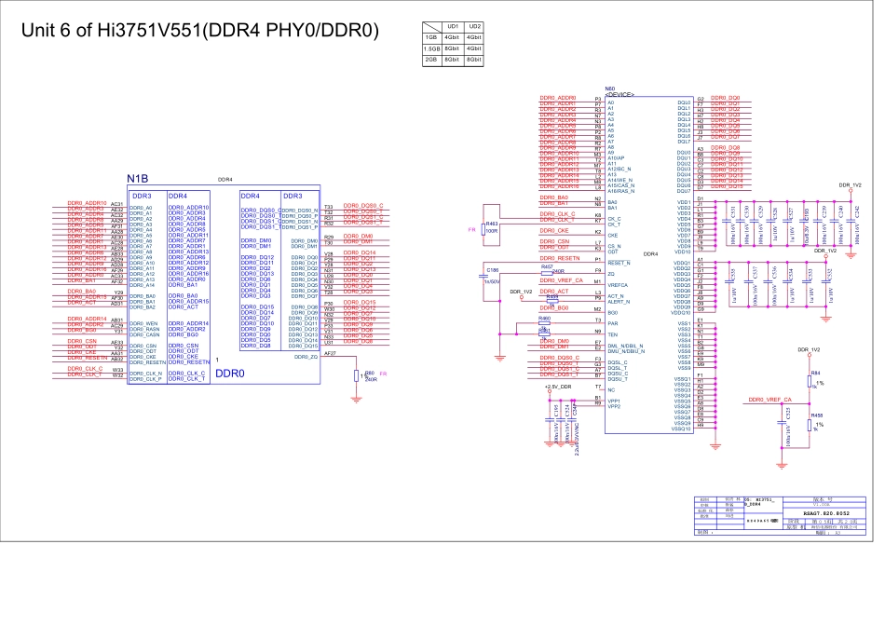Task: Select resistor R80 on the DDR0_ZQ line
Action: tap(368, 375)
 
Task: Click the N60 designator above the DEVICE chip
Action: tap(611, 88)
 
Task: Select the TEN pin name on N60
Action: tap(612, 333)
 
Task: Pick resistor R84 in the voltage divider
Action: tap(815, 375)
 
